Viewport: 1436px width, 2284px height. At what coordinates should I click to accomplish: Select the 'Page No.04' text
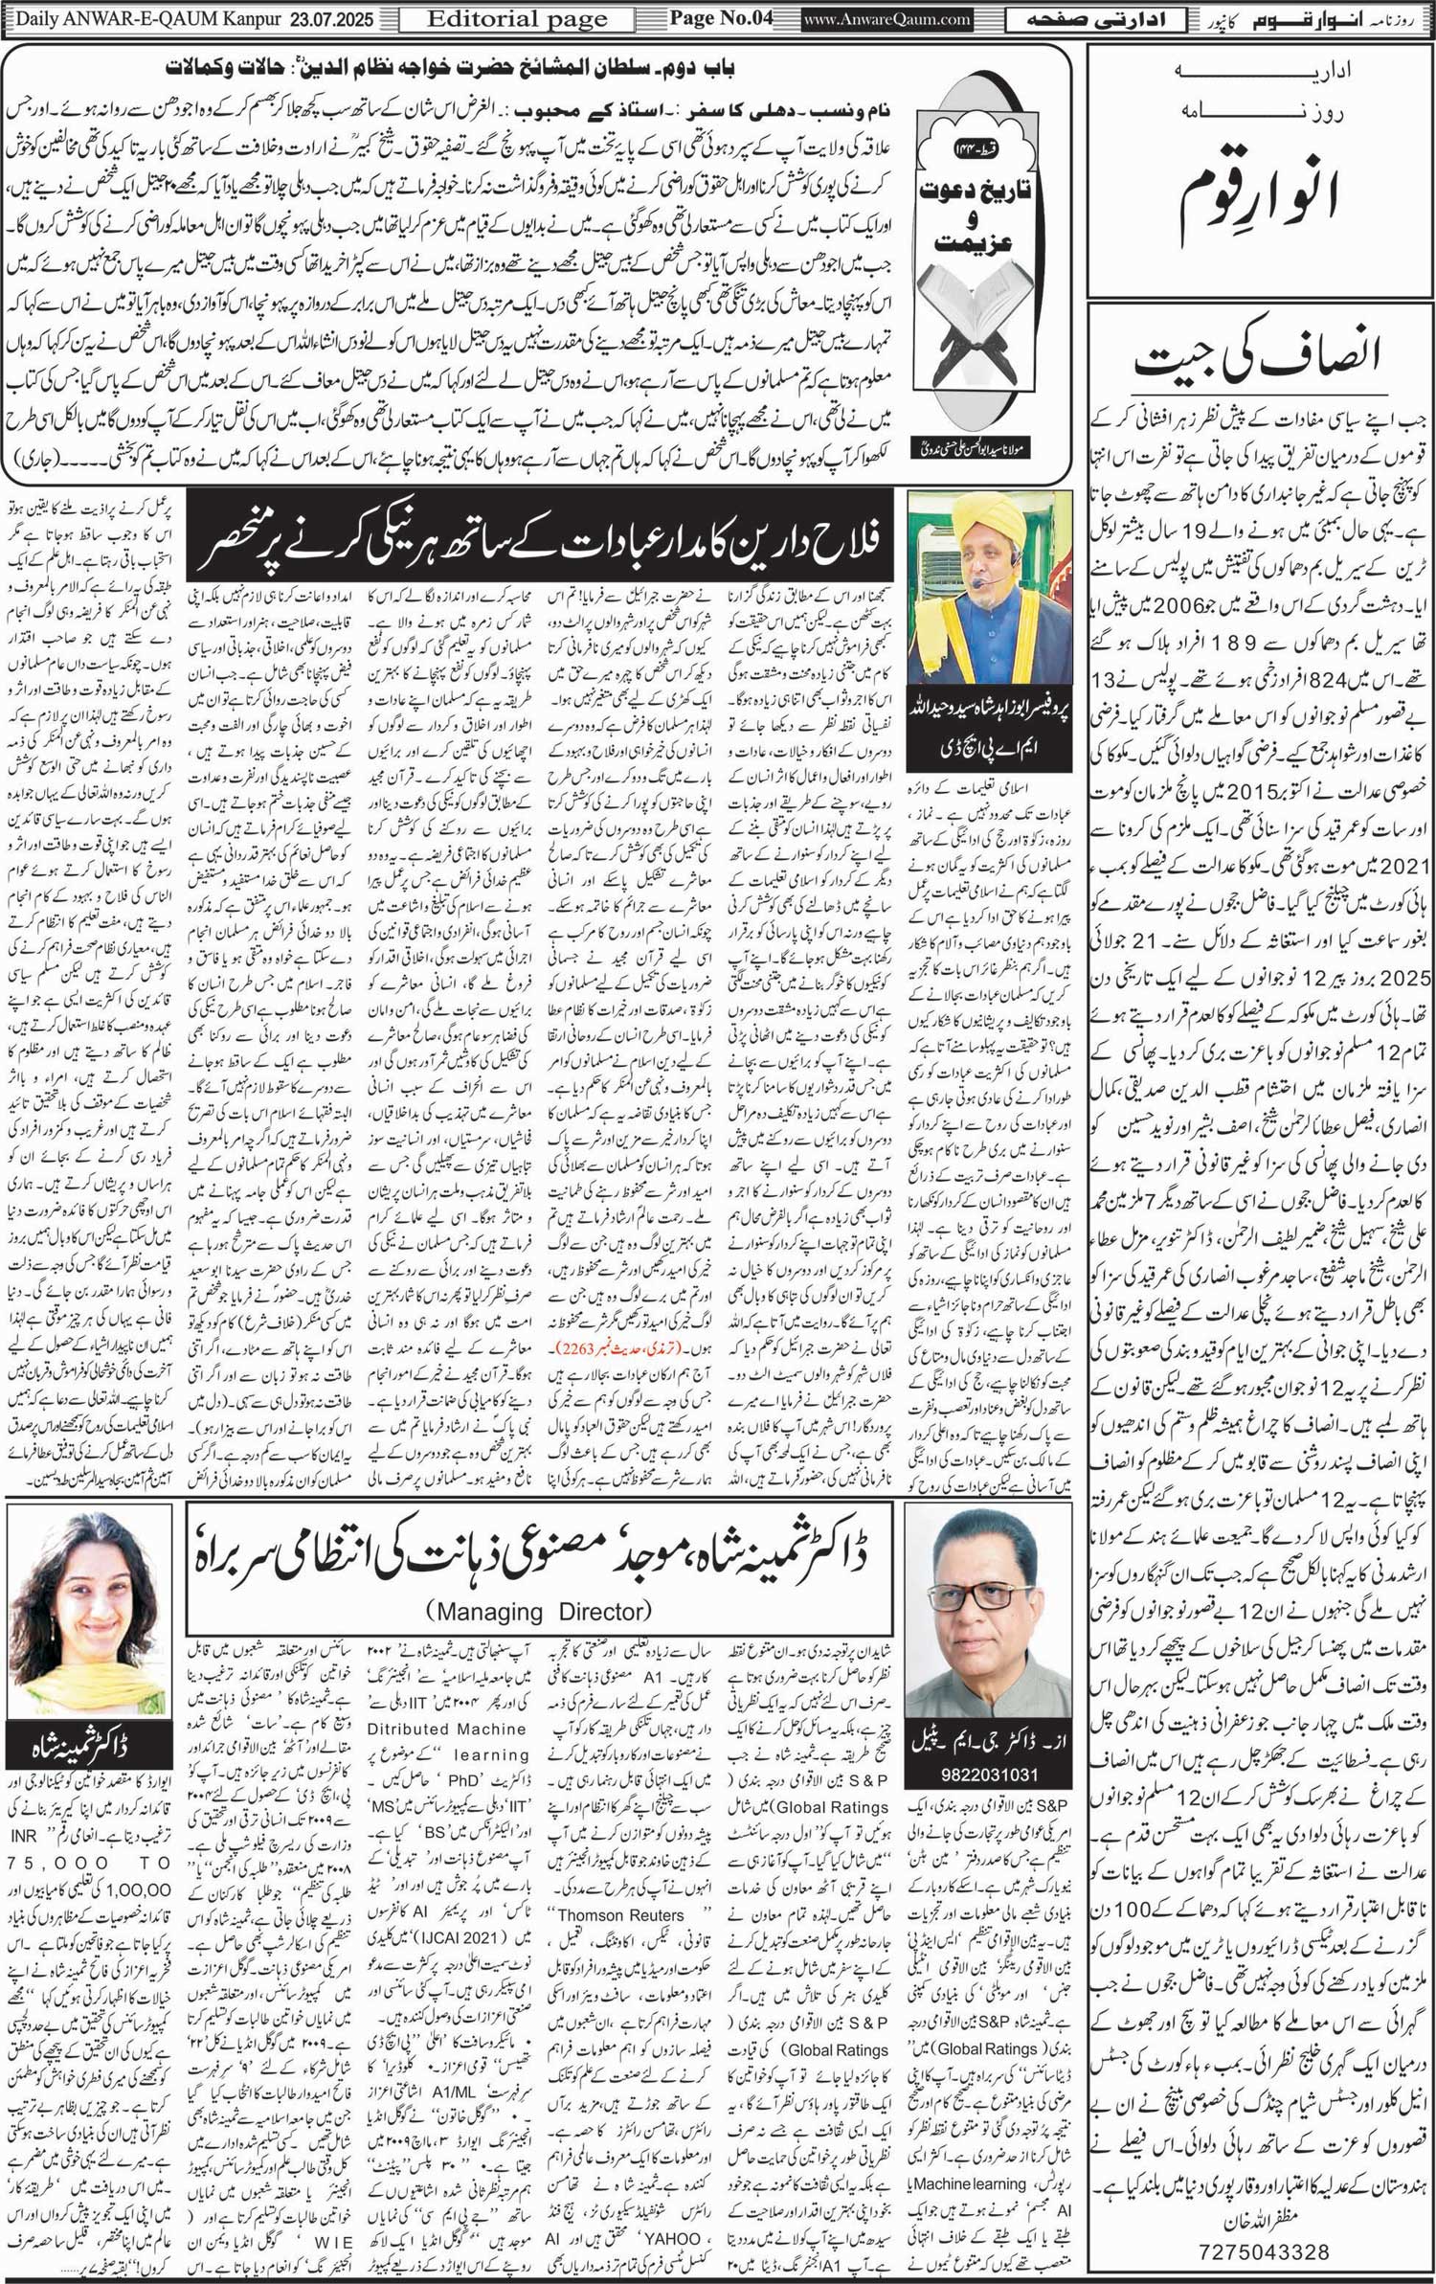pos(720,18)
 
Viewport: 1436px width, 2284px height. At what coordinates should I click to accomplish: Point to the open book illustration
pos(969,316)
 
